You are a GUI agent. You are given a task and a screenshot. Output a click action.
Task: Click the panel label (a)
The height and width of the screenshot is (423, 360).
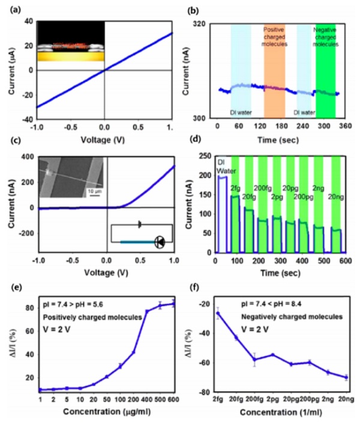pyautogui.click(x=10, y=8)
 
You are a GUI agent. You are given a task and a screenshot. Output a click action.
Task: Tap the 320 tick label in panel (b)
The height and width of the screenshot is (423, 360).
pyautogui.click(x=203, y=23)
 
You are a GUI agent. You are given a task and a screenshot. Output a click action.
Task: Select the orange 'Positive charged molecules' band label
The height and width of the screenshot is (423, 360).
pyautogui.click(x=277, y=37)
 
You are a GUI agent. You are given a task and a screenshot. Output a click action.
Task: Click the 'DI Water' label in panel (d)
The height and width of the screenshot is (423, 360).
pyautogui.click(x=223, y=166)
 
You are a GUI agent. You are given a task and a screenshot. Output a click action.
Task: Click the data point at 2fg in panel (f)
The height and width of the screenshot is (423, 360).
pyautogui.click(x=218, y=313)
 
